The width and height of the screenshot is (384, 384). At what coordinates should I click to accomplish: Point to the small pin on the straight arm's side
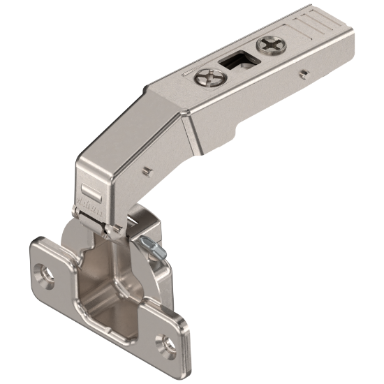(302, 72)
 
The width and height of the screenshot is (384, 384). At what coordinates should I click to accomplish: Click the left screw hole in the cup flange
(47, 274)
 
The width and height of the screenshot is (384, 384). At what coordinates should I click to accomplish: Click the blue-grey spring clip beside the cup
(149, 244)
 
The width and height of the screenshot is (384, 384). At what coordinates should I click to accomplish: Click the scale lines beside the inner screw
(186, 72)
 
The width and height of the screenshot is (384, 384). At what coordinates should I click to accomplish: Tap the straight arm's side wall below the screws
(279, 98)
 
